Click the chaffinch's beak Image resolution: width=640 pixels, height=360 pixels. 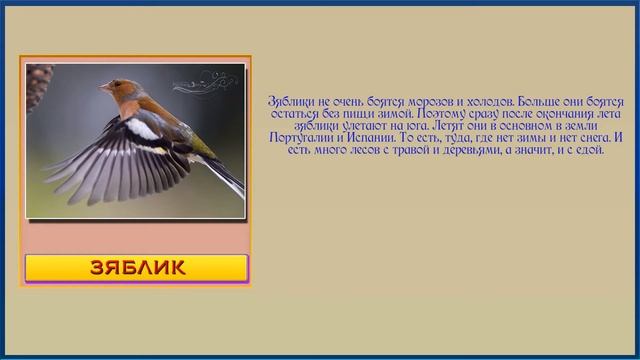pyautogui.click(x=102, y=88)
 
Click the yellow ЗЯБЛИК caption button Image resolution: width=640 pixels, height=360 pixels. pyautogui.click(x=136, y=268)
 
